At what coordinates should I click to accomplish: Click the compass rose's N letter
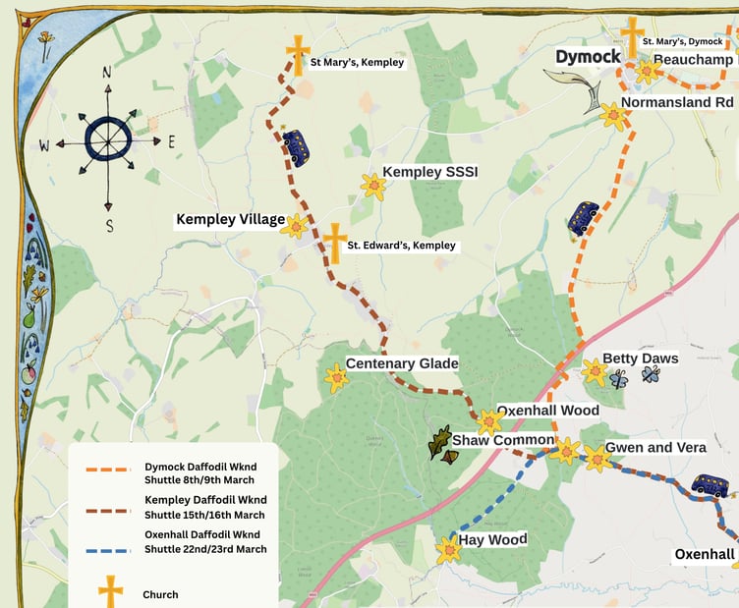pos(107,72)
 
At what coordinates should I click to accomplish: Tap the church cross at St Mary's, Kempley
pos(298,55)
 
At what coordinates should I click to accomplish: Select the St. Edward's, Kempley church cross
pos(335,243)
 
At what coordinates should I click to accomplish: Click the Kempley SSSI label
pos(429,172)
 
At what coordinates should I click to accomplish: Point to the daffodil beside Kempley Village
pos(294,226)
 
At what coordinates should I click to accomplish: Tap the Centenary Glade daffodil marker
pos(337,378)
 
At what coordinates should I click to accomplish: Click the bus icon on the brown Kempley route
pos(295,148)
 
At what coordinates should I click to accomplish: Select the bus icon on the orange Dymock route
pos(583,219)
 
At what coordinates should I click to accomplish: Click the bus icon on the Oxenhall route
pos(709,485)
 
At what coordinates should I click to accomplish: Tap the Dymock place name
pos(588,57)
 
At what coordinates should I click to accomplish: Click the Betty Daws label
pos(640,359)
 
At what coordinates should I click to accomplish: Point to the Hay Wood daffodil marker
pos(449,550)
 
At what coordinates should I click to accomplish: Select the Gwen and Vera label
pos(655,448)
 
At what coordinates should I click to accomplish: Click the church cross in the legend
pos(112,592)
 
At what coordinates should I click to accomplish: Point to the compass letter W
pos(44,146)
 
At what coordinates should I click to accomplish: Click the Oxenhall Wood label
pos(547,411)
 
